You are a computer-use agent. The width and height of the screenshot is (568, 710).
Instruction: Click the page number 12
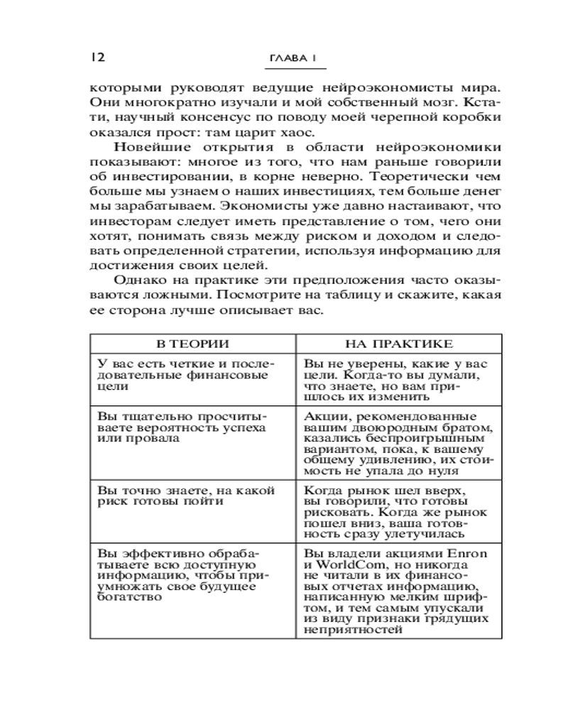coord(97,57)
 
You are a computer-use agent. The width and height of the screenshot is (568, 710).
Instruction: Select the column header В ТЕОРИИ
coord(192,344)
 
